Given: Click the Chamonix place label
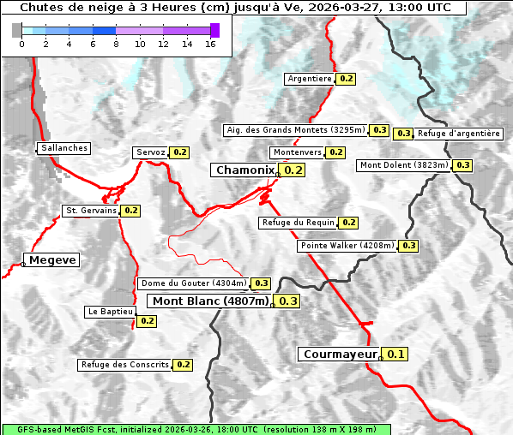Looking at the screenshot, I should point(244,170).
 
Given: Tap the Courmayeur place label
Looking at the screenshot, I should point(341,354).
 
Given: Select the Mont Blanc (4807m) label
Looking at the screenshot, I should point(210,301).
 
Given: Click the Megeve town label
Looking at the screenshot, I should point(53,259).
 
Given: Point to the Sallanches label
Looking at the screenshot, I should point(64,148).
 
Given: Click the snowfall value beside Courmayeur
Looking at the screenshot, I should point(395,354).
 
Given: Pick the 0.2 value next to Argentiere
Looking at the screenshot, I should point(347,79).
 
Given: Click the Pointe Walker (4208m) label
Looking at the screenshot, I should point(347,246).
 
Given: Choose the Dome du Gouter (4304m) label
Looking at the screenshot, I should point(194,283).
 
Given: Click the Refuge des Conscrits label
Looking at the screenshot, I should point(125,365).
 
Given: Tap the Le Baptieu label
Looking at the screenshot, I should point(110,312).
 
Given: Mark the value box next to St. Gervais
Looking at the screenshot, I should point(130,210).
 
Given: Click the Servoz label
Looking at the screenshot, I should point(151,152).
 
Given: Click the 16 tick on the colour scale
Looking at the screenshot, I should point(210,44).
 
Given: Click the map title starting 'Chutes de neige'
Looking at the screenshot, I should point(234,8).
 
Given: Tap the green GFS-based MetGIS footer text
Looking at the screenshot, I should point(196,429).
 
